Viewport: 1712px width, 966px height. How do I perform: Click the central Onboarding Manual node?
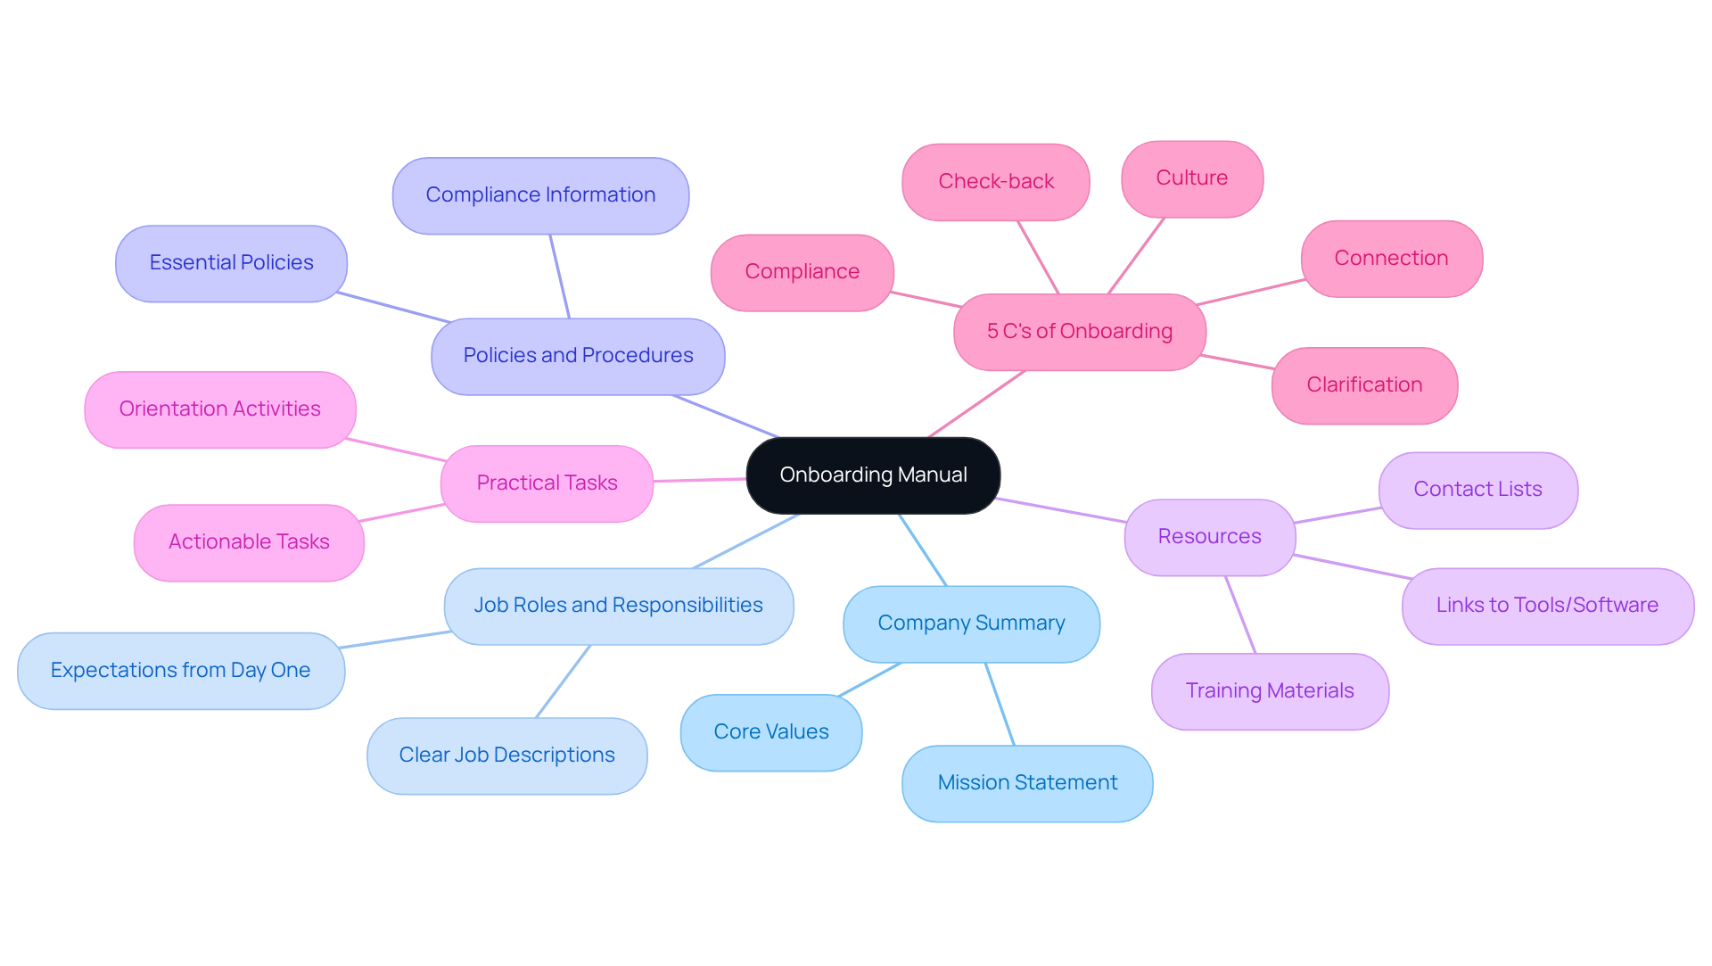coord(873,475)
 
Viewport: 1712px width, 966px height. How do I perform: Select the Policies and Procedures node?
coord(578,356)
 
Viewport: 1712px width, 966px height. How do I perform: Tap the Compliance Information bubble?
coord(540,195)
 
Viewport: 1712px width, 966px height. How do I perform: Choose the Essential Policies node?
coord(231,263)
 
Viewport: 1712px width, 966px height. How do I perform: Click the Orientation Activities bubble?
coord(219,409)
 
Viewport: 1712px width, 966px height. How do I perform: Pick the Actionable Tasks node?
coord(249,542)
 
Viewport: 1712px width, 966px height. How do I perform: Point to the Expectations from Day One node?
coord(180,671)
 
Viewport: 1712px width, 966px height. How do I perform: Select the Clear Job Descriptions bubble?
coord(506,755)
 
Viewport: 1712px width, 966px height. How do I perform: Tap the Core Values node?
coord(771,732)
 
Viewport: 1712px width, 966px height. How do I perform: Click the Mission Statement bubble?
coord(1027,783)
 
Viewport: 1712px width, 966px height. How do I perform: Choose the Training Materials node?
coord(1270,691)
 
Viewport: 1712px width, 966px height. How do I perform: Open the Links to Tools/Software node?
coord(1547,606)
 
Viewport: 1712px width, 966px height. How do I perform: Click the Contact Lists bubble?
coord(1477,490)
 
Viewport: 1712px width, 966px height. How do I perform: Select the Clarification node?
coord(1364,385)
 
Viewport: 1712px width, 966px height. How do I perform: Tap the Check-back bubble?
coord(996,182)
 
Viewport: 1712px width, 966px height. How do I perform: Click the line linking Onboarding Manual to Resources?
coord(1061,510)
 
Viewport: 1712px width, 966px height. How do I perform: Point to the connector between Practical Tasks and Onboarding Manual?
coord(700,480)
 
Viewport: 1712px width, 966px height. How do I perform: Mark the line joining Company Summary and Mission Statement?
coord(1000,704)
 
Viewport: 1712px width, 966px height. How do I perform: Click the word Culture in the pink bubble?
coord(1191,178)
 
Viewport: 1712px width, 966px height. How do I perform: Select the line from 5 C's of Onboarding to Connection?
coord(1250,292)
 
